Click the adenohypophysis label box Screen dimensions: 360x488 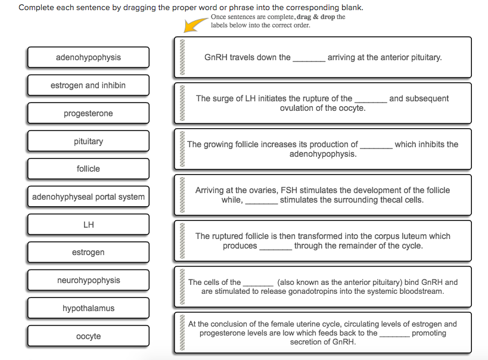(88, 57)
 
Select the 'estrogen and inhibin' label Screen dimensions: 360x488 (88, 85)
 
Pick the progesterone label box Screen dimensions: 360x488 (88, 113)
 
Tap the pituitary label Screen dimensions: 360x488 (88, 141)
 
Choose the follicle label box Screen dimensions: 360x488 (88, 169)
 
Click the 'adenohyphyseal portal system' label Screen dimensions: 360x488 (88, 197)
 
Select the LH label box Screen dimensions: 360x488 (88, 225)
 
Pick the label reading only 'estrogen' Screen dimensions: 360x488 (88, 252)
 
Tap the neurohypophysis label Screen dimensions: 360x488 (88, 280)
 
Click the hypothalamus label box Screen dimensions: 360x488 (88, 308)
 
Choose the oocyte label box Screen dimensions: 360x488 (88, 336)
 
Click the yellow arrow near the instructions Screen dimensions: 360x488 (195, 24)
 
